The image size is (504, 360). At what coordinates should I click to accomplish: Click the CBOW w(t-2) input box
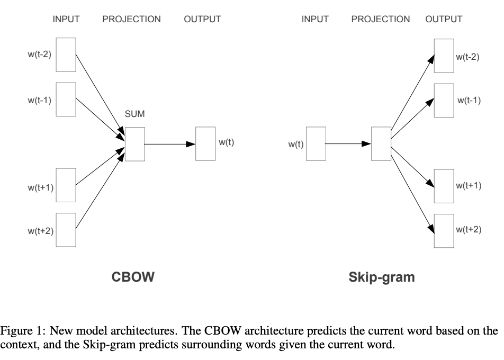tap(67, 55)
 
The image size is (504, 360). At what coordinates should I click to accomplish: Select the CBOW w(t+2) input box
tap(67, 230)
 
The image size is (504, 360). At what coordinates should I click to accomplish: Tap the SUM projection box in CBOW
tap(134, 143)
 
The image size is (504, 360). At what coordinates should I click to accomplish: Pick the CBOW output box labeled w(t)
tap(205, 143)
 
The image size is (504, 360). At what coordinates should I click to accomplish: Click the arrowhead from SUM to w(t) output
tap(192, 143)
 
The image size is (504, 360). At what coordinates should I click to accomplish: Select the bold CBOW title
tap(133, 277)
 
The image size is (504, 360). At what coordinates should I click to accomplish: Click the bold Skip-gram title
tap(382, 277)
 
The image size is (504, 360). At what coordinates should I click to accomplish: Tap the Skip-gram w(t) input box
tap(316, 143)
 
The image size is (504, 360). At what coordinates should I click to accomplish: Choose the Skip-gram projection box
tap(381, 143)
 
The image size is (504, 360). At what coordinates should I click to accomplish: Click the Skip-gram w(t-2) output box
tap(444, 55)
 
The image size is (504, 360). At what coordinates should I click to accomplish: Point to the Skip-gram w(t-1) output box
tap(444, 99)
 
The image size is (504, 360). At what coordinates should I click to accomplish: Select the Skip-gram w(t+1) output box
tap(444, 186)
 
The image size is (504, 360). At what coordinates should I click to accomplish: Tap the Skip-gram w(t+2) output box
tap(444, 230)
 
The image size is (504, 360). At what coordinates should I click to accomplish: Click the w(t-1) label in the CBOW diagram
tap(40, 100)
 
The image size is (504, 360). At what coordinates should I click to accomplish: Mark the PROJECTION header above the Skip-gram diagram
tap(380, 20)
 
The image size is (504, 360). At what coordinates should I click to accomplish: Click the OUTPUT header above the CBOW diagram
tap(202, 20)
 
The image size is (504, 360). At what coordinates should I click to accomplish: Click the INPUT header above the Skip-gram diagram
tap(315, 20)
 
